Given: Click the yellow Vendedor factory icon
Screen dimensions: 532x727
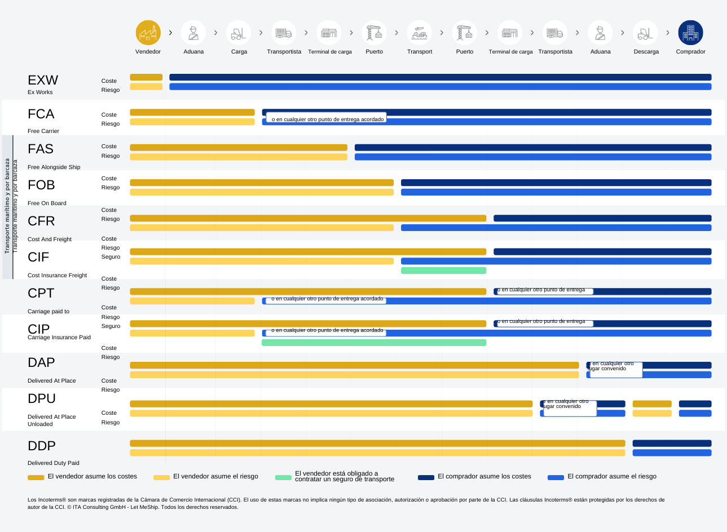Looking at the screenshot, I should point(148,33).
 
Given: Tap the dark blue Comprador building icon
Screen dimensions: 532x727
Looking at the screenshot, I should point(690,33).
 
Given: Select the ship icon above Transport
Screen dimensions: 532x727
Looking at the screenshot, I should point(419,33).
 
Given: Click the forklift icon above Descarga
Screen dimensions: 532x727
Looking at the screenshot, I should point(645,33).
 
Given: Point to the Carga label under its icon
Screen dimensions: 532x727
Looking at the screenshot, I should point(239,52).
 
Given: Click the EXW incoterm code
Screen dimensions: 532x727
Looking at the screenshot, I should point(43,80).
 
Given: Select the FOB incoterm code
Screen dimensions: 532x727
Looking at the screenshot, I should point(41,185).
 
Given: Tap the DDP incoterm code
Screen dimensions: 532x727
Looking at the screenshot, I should point(42,446).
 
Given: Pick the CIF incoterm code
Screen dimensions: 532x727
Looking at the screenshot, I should point(38,257).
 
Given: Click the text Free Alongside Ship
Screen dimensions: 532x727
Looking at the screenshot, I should point(54,167).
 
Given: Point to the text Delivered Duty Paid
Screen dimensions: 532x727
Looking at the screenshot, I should point(54,463).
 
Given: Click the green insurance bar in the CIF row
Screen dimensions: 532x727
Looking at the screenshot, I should point(443,271).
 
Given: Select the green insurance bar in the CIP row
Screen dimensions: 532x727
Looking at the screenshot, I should point(373,343).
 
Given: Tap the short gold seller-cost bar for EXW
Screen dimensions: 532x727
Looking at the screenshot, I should point(146,77).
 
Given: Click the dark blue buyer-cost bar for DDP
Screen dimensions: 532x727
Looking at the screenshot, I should point(672,444).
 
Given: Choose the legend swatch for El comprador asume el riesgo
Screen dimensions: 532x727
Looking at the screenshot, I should point(556,477).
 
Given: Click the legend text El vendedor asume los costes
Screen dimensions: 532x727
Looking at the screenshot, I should point(92,476).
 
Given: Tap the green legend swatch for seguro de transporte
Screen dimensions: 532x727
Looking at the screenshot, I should point(283,477).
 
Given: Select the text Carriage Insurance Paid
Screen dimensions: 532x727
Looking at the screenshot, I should point(59,337).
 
